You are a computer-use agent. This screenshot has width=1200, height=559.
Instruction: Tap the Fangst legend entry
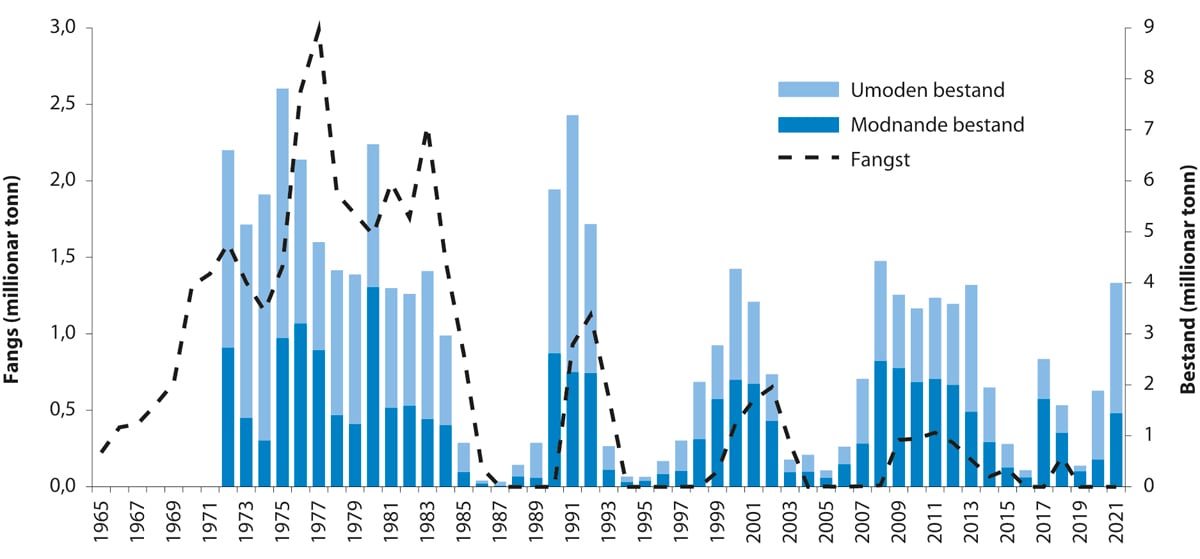pyautogui.click(x=879, y=158)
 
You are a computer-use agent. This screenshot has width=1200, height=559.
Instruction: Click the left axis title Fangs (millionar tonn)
pyautogui.click(x=17, y=255)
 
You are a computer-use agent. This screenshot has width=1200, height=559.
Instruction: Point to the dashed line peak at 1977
pyautogui.click(x=319, y=25)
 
